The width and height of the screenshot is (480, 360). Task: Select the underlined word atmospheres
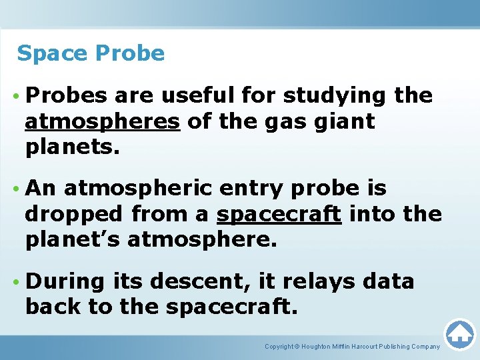(x=103, y=123)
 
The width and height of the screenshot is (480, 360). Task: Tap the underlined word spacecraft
(x=279, y=215)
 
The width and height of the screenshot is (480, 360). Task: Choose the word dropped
(x=75, y=215)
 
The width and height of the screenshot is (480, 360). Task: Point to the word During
(x=65, y=281)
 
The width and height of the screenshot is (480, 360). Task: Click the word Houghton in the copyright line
(x=323, y=347)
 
